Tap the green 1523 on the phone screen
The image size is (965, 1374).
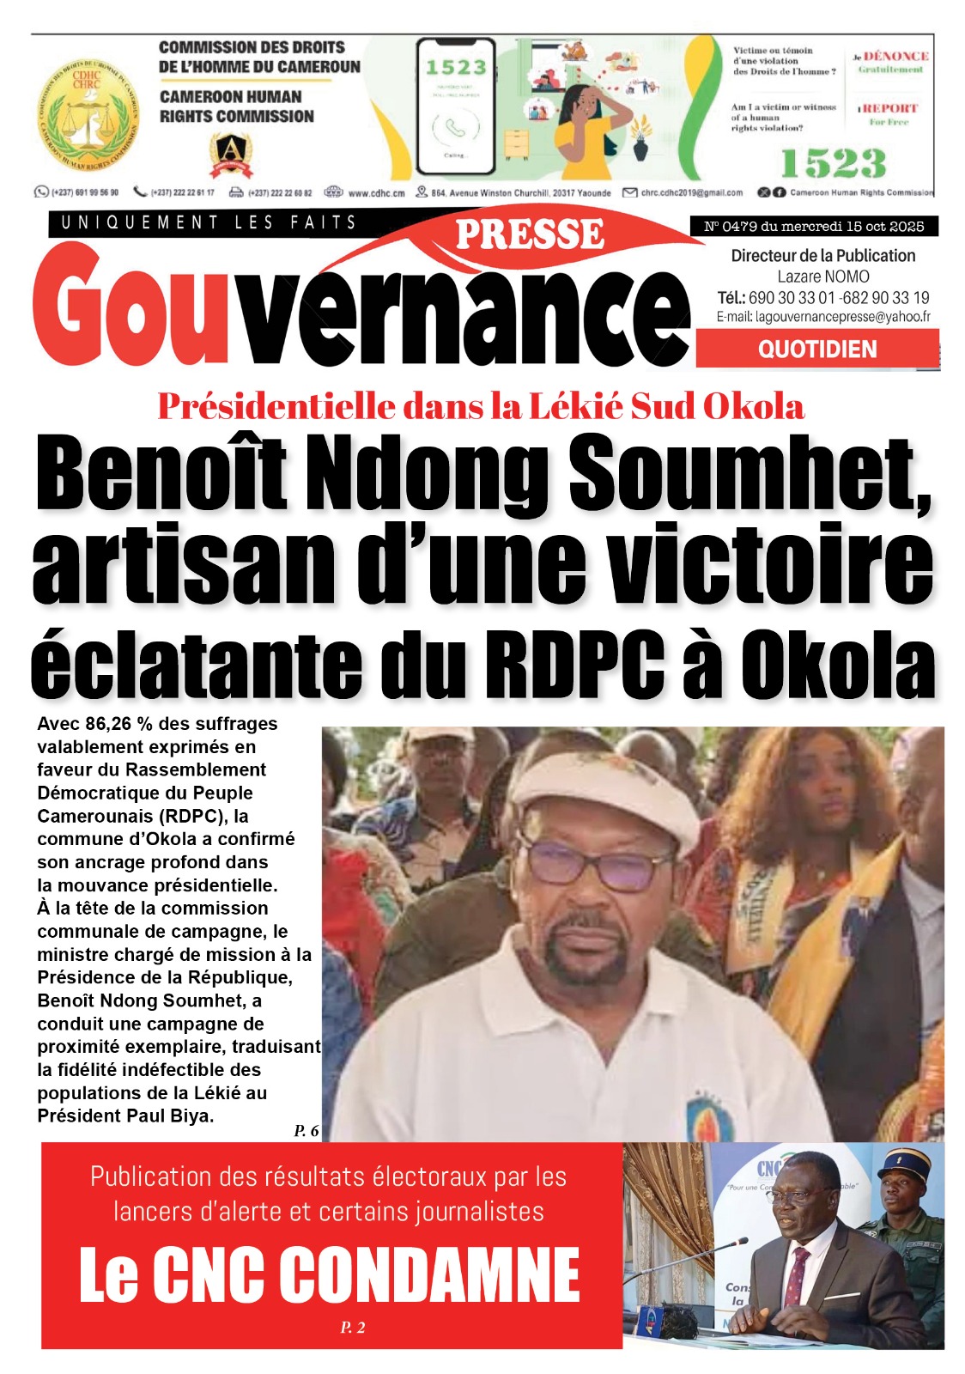[x=456, y=67]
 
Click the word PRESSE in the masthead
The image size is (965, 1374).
[x=530, y=234]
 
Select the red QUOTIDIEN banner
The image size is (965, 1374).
[x=817, y=350]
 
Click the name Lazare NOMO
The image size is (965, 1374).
[x=822, y=277]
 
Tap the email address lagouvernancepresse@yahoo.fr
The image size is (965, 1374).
[x=842, y=317]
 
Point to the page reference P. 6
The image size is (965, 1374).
[x=306, y=1131]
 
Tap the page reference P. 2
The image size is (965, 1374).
[x=352, y=1328]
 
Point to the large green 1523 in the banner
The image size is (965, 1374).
[x=832, y=163]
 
